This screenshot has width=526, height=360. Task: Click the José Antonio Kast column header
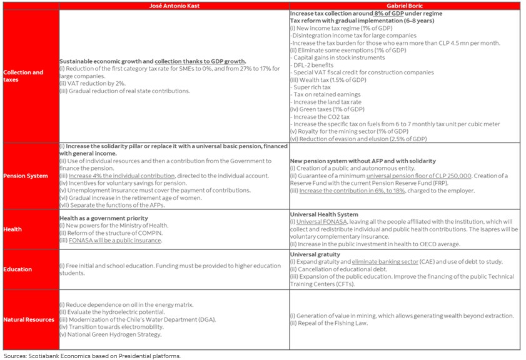coord(173,6)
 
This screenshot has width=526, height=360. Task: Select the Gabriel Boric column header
coord(404,6)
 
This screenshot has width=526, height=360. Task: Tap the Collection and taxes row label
coord(23,76)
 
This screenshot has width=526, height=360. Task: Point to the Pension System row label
coord(26,176)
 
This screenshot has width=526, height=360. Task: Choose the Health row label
coord(13,229)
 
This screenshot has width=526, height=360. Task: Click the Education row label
coord(18,269)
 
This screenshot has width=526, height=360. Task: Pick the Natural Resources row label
coord(29,319)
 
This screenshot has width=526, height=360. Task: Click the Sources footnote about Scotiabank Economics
coord(92,356)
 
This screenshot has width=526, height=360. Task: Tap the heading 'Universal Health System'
coord(324,214)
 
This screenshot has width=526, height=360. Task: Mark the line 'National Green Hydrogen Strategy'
coord(111,334)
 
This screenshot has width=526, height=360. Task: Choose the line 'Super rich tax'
coord(311,87)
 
